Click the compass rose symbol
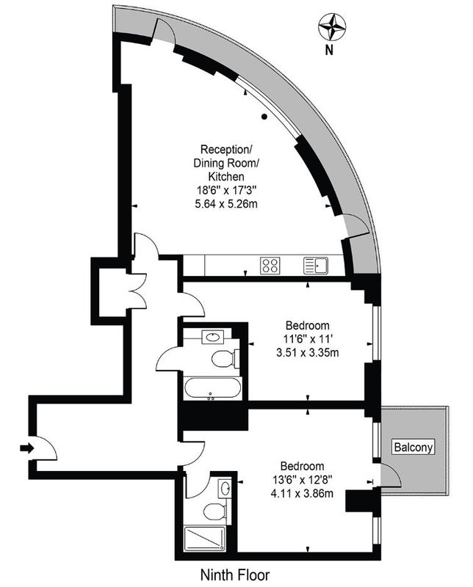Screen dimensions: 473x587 tap(332, 26)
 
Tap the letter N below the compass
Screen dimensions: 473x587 tap(329, 50)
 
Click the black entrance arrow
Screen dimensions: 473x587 tap(27, 448)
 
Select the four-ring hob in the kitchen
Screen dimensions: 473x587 tap(270, 266)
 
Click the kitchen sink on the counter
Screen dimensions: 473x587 tap(316, 266)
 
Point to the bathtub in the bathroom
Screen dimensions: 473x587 tap(212, 388)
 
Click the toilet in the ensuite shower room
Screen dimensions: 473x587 tap(215, 511)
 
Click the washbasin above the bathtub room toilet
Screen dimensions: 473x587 tap(212, 337)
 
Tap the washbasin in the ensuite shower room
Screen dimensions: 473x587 tap(225, 488)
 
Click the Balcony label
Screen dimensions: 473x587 tap(414, 447)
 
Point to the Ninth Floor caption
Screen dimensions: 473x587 tap(235, 575)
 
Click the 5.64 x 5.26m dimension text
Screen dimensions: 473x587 tap(226, 204)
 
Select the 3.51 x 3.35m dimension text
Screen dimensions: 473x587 tap(307, 352)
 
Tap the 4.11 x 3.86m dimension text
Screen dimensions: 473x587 tap(302, 493)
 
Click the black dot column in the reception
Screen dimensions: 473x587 tap(264, 117)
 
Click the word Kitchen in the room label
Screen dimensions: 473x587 tap(226, 176)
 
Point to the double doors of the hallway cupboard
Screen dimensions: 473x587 tap(137, 291)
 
